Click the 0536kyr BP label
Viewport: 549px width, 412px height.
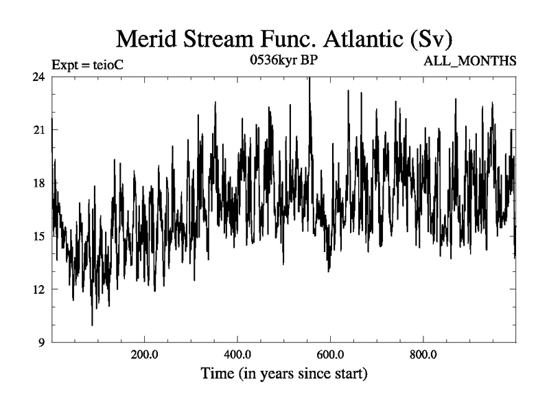tap(288, 60)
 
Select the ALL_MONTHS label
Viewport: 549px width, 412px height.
tap(471, 62)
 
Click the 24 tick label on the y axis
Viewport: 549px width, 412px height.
tap(40, 77)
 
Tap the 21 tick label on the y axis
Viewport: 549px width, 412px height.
tap(40, 130)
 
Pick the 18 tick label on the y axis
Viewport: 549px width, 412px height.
tap(40, 183)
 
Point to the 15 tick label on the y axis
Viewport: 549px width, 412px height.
tap(40, 236)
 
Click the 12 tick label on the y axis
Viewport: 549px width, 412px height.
tap(40, 289)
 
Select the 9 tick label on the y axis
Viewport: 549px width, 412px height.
tap(43, 342)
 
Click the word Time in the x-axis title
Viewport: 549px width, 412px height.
tap(219, 374)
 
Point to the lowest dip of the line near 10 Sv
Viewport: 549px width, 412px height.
tap(92, 324)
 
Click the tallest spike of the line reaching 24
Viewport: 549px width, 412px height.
tap(309, 79)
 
